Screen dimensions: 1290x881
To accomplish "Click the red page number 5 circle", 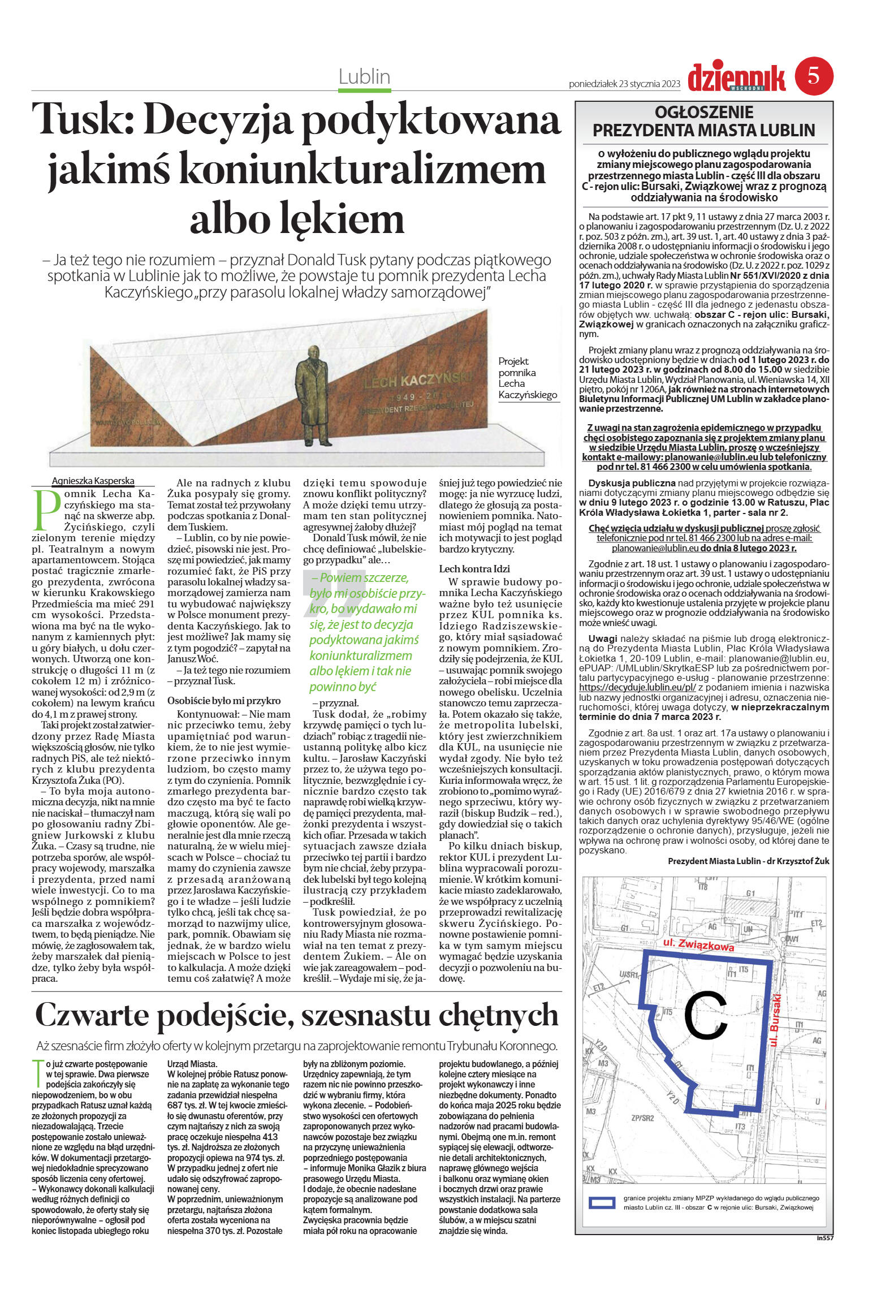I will pos(814,76).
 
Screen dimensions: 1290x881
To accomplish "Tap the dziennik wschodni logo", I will pos(736,78).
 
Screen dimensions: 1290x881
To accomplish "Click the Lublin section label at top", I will pos(364,77).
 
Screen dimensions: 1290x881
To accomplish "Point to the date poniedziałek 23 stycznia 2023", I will pos(624,84).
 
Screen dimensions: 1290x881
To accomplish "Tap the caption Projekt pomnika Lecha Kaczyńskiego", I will pos(527,378).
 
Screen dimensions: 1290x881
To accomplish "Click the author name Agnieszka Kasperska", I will pos(93,481).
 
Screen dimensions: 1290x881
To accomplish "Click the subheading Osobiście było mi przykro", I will pos(224,701).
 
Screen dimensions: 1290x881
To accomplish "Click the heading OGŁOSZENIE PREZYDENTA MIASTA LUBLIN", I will pos(703,121).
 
